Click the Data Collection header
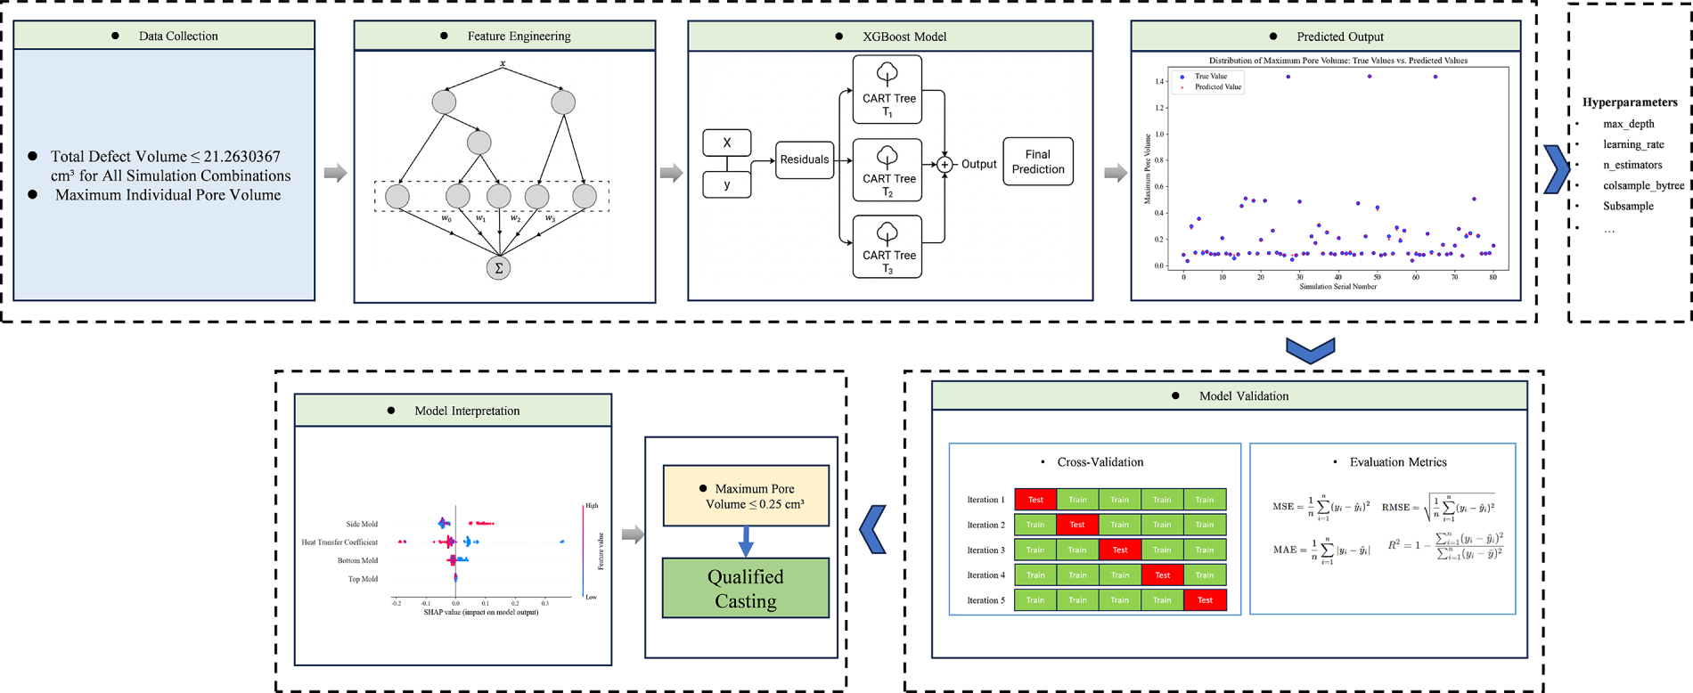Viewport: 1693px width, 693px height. pos(178,36)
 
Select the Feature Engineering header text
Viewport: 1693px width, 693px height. pos(519,36)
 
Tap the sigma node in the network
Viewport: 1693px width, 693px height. pos(498,267)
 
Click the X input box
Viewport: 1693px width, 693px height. pos(727,143)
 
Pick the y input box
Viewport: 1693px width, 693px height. pos(727,184)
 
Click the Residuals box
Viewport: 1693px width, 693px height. pos(805,159)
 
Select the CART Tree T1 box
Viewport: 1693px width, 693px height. pos(887,89)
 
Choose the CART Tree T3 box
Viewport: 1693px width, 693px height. pos(887,247)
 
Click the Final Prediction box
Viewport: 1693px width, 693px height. pos(1038,161)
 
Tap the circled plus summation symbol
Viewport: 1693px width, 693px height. pos(945,165)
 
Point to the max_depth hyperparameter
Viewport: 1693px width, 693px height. pos(1628,124)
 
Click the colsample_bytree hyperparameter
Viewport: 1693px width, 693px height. pos(1643,185)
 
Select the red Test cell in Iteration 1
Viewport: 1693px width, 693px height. pos(1035,500)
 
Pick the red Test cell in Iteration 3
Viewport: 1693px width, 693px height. pos(1120,550)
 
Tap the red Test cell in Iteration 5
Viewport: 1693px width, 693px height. pos(1205,600)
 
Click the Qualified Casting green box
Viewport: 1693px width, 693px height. pos(746,588)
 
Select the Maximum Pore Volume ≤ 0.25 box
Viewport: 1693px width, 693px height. pos(746,496)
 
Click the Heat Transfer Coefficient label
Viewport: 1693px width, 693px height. pos(339,542)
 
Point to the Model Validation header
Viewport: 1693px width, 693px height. pos(1243,395)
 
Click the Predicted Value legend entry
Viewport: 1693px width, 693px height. pos(1217,87)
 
